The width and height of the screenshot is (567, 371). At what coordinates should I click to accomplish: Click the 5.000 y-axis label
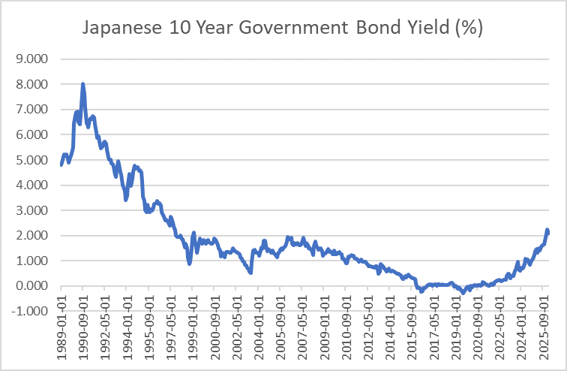31,160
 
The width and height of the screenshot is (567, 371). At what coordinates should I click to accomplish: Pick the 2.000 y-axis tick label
31,236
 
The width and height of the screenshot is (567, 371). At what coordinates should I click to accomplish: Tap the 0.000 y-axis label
31,286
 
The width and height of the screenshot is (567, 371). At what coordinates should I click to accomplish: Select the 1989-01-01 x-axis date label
61,330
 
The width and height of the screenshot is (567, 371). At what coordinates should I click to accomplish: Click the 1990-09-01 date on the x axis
82,330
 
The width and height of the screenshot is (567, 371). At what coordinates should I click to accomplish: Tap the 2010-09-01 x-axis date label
345,330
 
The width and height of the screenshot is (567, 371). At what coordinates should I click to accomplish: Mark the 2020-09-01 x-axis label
476,330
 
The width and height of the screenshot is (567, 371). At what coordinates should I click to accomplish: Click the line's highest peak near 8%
82,85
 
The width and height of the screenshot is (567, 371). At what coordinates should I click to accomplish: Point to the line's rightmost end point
548,233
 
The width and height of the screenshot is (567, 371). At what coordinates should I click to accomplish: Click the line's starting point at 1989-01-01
61,164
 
